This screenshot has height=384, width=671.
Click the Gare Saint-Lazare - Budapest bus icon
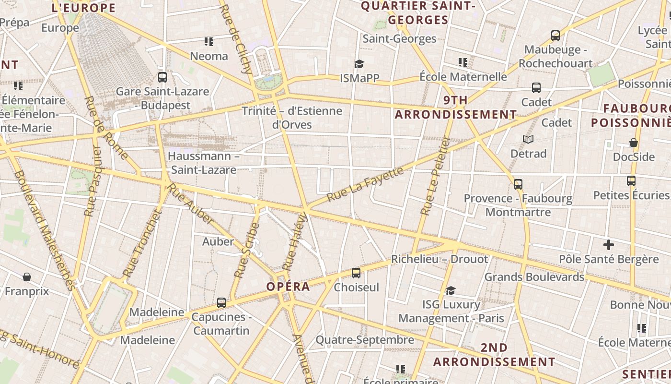(x=162, y=77)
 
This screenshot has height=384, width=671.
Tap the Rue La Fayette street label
(x=365, y=184)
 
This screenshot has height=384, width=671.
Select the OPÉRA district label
(x=288, y=287)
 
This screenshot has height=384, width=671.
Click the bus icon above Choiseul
(x=356, y=273)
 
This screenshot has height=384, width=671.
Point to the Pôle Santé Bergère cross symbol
(x=609, y=245)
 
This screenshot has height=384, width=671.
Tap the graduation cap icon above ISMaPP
(x=359, y=64)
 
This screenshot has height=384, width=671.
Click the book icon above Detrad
(x=528, y=139)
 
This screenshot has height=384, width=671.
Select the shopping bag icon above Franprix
(x=27, y=277)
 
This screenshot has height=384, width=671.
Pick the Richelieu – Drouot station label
(x=440, y=259)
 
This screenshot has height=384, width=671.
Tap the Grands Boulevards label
(x=534, y=277)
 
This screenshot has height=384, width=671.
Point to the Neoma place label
(x=209, y=56)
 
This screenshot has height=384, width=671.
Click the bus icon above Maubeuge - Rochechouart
(x=555, y=35)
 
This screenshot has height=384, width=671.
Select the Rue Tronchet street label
(x=143, y=244)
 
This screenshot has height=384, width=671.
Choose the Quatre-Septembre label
(x=365, y=340)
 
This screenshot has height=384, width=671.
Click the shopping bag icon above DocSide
(x=634, y=143)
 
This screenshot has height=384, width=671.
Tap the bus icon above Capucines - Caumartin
(x=221, y=302)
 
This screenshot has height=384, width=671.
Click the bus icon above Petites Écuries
(x=631, y=181)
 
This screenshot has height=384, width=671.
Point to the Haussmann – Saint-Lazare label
(x=204, y=163)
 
